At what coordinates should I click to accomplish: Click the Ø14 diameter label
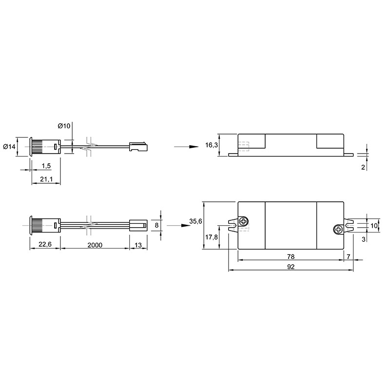[9, 147]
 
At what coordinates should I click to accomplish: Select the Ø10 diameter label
[64, 126]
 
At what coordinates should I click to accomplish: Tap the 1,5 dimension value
[46, 166]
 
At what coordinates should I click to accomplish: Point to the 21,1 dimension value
[46, 179]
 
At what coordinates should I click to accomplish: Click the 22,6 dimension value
[45, 244]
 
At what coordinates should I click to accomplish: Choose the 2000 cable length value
[95, 245]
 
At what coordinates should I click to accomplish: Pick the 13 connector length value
[138, 245]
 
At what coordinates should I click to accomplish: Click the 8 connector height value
[156, 225]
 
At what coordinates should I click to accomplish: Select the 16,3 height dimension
[212, 145]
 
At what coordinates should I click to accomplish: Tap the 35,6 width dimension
[196, 221]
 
